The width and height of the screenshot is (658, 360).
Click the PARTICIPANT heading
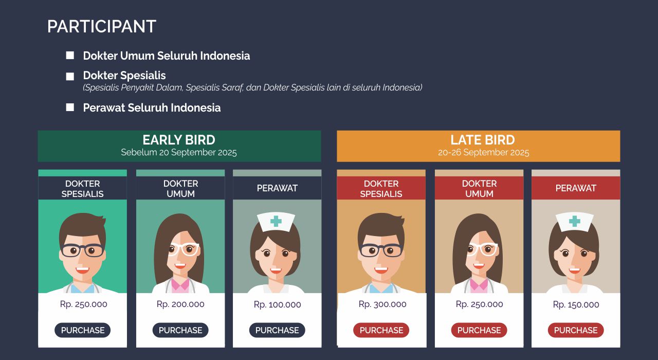(102, 26)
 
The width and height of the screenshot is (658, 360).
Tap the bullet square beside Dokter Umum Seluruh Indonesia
(70, 55)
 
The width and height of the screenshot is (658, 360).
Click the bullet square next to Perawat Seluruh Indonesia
(70, 107)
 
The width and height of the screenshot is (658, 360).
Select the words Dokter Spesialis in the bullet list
(124, 76)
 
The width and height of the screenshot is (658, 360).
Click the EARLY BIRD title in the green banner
(179, 140)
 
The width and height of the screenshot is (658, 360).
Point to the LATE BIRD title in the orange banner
(483, 140)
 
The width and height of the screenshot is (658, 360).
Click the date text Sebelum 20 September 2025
(179, 152)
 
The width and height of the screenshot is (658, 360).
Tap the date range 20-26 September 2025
(484, 152)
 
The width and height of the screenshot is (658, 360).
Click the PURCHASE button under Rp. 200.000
(180, 330)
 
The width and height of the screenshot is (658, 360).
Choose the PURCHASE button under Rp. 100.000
(277, 330)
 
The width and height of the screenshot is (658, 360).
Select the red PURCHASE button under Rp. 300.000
(381, 330)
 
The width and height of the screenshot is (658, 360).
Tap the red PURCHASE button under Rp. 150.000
(576, 330)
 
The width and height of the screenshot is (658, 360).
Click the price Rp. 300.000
(382, 304)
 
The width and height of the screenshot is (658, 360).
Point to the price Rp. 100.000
(277, 304)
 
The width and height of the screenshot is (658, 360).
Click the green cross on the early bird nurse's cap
(276, 221)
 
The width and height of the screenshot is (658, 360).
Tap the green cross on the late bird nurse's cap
(575, 221)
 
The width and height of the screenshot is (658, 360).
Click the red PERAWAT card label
(576, 188)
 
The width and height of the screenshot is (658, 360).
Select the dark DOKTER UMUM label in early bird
(180, 188)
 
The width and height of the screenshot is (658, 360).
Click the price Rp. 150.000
(576, 304)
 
